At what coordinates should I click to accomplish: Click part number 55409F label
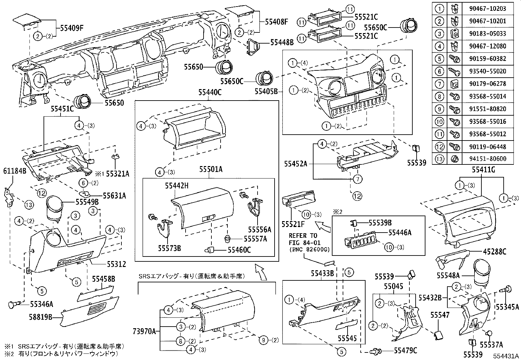(72, 28)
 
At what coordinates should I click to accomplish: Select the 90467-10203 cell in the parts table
(490, 9)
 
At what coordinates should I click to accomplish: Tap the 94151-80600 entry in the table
(490, 159)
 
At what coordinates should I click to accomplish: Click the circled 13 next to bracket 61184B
(29, 205)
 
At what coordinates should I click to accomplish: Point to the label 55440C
(210, 93)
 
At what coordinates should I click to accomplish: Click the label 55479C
(405, 351)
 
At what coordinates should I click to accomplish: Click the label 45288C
(494, 252)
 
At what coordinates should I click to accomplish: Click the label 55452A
(296, 163)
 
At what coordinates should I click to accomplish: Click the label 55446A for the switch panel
(400, 233)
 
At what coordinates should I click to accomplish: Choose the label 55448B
(282, 42)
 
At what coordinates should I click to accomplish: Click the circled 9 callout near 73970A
(263, 340)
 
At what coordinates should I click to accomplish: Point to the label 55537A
(491, 344)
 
